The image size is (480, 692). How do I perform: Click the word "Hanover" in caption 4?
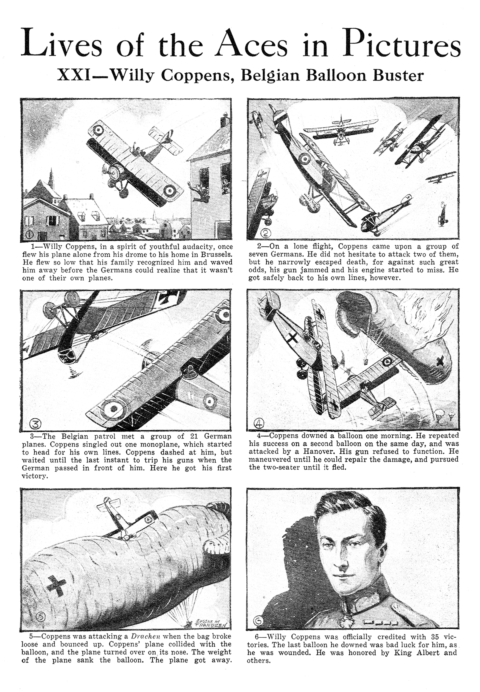click(316, 451)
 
